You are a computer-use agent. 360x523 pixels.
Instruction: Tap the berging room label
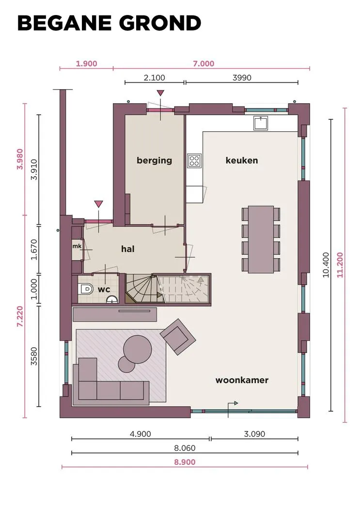[154, 160]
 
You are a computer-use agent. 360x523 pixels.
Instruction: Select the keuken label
[242, 160]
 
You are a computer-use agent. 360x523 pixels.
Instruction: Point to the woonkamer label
[242, 380]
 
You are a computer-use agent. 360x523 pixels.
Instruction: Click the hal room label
[128, 249]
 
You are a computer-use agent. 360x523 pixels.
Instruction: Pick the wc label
[104, 289]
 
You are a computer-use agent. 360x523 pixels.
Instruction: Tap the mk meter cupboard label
[77, 246]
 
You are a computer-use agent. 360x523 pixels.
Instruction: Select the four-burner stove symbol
[194, 160]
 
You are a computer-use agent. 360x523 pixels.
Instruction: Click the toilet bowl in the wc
[85, 289]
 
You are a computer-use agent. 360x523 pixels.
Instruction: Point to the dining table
[261, 239]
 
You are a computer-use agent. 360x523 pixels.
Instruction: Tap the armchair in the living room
[178, 337]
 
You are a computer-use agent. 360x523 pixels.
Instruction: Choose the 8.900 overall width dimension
[185, 462]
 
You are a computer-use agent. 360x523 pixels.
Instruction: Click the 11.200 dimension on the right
[340, 265]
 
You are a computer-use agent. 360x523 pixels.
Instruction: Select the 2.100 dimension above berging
[154, 77]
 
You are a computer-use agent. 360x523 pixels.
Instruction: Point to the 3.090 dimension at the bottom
[254, 434]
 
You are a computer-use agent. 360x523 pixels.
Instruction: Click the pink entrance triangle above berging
[161, 93]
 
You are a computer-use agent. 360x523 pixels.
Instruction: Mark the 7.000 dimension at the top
[203, 64]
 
